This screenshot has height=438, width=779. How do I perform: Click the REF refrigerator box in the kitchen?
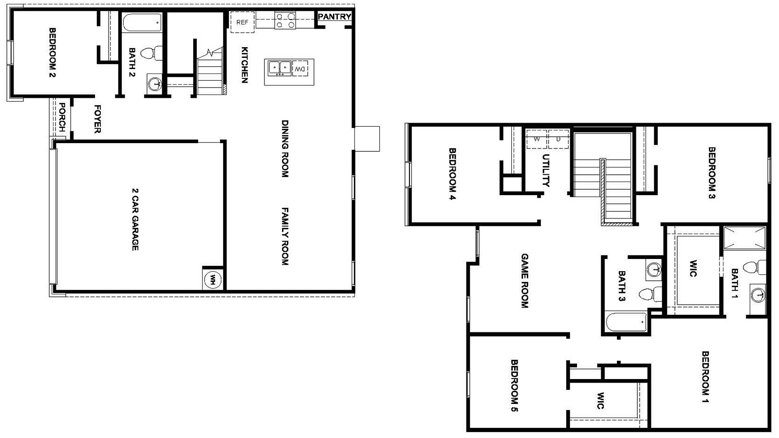242,22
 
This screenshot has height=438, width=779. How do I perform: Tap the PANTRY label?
334,17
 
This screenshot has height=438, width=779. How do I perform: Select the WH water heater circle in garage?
213,280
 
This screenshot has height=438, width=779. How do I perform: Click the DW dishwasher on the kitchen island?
300,69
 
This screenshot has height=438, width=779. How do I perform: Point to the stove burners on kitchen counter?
285,20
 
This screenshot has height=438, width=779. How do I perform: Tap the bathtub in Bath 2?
142,22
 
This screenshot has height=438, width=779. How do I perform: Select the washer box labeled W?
537,139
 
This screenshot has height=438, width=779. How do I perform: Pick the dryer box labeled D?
558,139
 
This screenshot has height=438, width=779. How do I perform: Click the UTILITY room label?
546,170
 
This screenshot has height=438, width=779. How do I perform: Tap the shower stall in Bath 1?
744,238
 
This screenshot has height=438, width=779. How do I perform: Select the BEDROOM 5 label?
514,385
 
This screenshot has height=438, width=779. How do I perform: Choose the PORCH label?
62,117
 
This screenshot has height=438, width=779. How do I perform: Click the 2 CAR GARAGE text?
135,219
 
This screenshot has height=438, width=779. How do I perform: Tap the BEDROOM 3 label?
711,173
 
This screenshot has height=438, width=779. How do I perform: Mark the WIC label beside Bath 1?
693,268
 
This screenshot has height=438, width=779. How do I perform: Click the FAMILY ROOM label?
285,236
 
